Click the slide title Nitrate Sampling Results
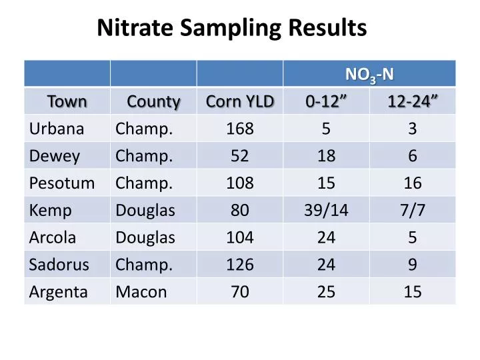coord(232,28)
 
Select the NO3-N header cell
coord(369,73)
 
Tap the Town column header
coord(67,101)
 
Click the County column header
coord(153,101)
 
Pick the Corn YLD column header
coord(240,101)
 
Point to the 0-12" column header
coord(326,101)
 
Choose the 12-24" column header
coord(413,101)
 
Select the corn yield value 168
coord(240,129)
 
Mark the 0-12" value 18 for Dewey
coord(326,156)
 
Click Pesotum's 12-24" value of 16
coord(413,183)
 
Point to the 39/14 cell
coord(326,211)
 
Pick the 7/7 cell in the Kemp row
coord(413,211)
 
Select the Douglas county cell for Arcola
coord(145,238)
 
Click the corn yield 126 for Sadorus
coord(240,265)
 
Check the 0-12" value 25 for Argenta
coord(326,292)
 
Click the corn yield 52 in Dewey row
coord(240,156)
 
